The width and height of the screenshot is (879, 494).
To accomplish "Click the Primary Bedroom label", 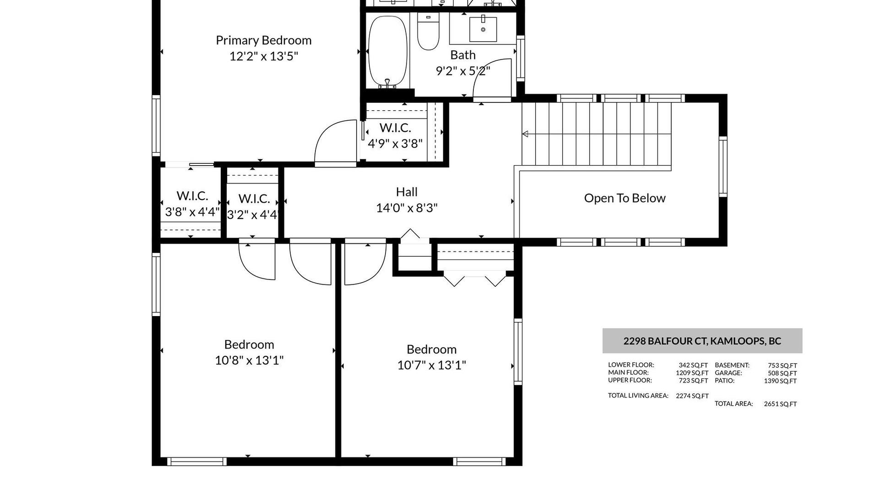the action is pos(264,40).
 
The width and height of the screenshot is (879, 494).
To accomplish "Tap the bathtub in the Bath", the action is pos(388,51).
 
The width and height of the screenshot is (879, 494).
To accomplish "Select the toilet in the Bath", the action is pos(428,31).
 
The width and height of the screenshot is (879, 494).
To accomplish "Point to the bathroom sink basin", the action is pos(483,29).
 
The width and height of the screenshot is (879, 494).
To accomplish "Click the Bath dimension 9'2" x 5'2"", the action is pos(463,71).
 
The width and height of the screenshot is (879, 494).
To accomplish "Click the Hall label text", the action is pos(407,192).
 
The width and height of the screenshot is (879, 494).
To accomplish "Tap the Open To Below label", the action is pos(625,198).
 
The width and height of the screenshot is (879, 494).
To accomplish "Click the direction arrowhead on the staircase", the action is pos(525,134).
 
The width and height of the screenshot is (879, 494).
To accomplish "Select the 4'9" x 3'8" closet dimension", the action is pos(395,144).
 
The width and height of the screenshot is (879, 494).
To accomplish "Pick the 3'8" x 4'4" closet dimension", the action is pos(192,212).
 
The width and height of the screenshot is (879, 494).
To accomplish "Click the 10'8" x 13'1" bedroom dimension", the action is pos(249,360).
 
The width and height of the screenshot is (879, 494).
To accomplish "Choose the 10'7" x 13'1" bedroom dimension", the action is pos(432,365).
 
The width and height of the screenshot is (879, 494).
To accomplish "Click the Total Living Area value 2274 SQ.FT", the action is pos(692,396).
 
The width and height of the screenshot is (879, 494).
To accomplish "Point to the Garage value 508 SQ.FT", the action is pos(782,373).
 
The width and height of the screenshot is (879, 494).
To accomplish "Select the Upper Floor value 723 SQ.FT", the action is pos(693,381).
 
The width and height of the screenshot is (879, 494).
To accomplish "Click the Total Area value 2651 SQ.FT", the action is pos(781,404).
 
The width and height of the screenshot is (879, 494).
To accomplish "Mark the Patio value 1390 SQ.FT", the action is pos(781,381).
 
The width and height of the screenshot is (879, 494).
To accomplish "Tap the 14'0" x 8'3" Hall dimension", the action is pos(407,208).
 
